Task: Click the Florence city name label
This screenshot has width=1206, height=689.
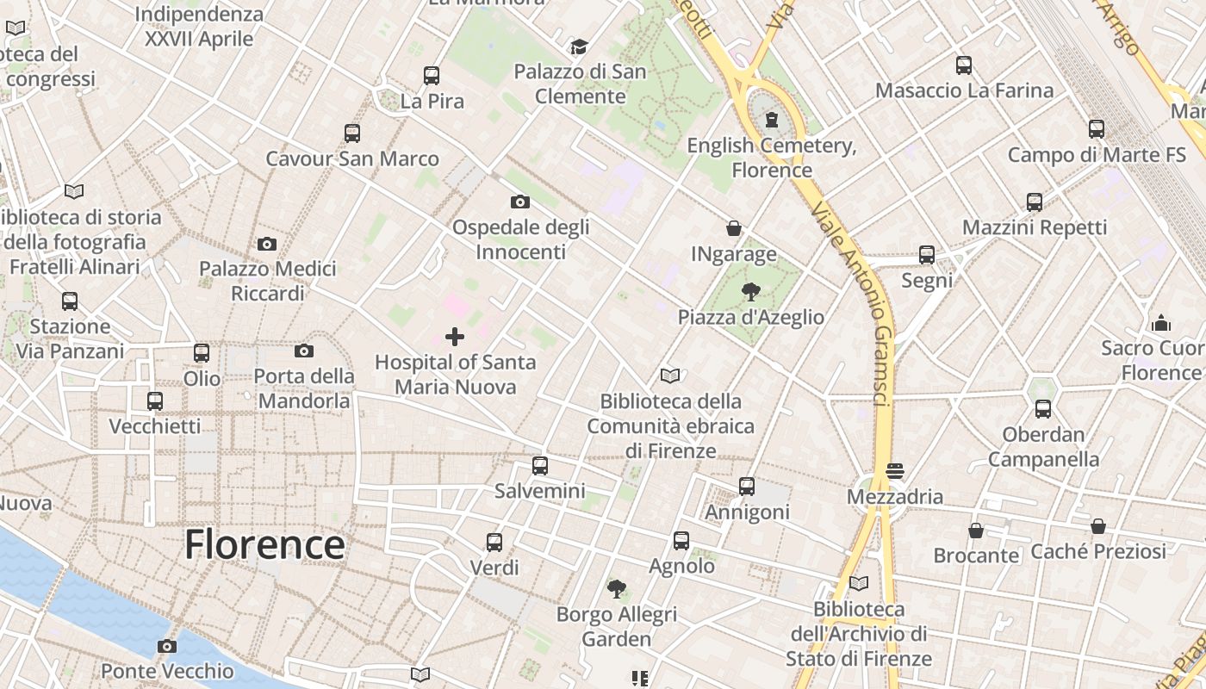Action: click(x=264, y=545)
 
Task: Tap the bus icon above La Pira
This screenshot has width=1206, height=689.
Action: click(x=432, y=76)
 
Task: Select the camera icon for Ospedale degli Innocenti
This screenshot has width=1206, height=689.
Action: click(x=519, y=202)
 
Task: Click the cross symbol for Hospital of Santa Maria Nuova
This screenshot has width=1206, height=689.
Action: click(x=454, y=337)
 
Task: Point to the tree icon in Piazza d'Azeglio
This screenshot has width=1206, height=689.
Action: click(x=750, y=291)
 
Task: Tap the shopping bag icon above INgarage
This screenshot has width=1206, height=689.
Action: click(x=733, y=228)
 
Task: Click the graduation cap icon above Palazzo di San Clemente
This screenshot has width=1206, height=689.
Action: click(x=578, y=47)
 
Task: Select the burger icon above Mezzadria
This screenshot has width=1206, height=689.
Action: click(x=895, y=471)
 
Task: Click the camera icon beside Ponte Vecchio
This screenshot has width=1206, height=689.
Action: click(x=167, y=646)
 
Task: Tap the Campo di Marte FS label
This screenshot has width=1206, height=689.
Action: click(x=1096, y=155)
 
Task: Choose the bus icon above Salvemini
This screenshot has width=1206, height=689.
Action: click(x=540, y=466)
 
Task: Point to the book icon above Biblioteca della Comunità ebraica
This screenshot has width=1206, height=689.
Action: click(x=670, y=376)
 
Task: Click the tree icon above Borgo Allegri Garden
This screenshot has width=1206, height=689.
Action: click(x=616, y=589)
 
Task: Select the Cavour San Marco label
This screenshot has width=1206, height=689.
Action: click(x=351, y=158)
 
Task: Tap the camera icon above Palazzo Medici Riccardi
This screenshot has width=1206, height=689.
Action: click(x=267, y=244)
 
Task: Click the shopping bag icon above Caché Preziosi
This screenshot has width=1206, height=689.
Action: click(x=1098, y=526)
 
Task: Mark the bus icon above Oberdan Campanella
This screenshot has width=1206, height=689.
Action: click(x=1043, y=408)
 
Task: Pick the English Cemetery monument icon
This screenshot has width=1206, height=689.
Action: click(x=771, y=120)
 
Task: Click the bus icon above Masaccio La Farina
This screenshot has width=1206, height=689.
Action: click(x=964, y=65)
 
